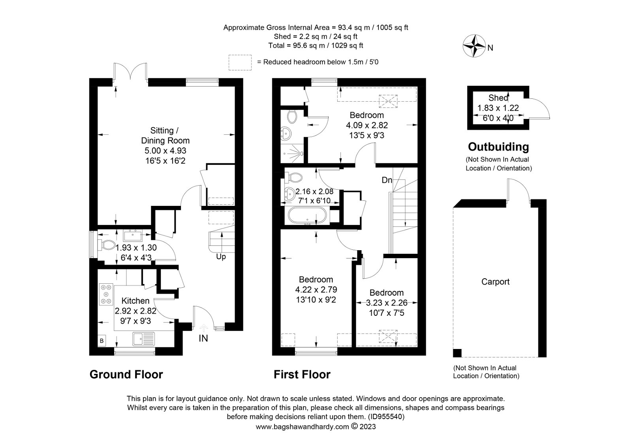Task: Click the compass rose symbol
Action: click(x=474, y=46)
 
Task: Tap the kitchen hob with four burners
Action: click(x=106, y=294)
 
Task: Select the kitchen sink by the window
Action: click(x=144, y=339)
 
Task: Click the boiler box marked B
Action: click(x=102, y=341)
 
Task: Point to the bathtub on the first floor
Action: click(x=307, y=216)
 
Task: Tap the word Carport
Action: click(x=495, y=282)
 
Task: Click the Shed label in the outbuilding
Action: click(x=498, y=98)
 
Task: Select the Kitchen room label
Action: click(x=135, y=300)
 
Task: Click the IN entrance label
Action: click(x=203, y=338)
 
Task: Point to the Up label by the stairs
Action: click(x=221, y=257)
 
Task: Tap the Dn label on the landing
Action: click(x=387, y=180)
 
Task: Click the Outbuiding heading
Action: click(x=498, y=147)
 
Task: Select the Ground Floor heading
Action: click(x=126, y=374)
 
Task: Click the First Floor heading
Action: click(x=302, y=374)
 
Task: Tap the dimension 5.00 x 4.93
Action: click(x=166, y=151)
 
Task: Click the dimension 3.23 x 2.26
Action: click(x=387, y=303)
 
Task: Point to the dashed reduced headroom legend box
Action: click(x=240, y=62)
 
